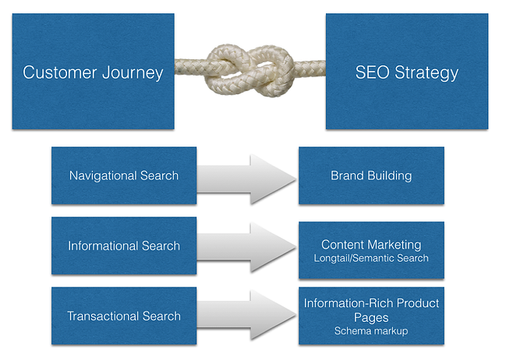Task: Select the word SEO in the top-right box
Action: coord(370,73)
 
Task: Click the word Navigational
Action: coord(104,175)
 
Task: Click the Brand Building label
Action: coord(371,175)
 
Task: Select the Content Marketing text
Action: coord(371,245)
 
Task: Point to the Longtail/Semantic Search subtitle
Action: coord(371,258)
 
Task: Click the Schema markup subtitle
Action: coord(371,330)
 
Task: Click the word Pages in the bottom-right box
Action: coord(371,317)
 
